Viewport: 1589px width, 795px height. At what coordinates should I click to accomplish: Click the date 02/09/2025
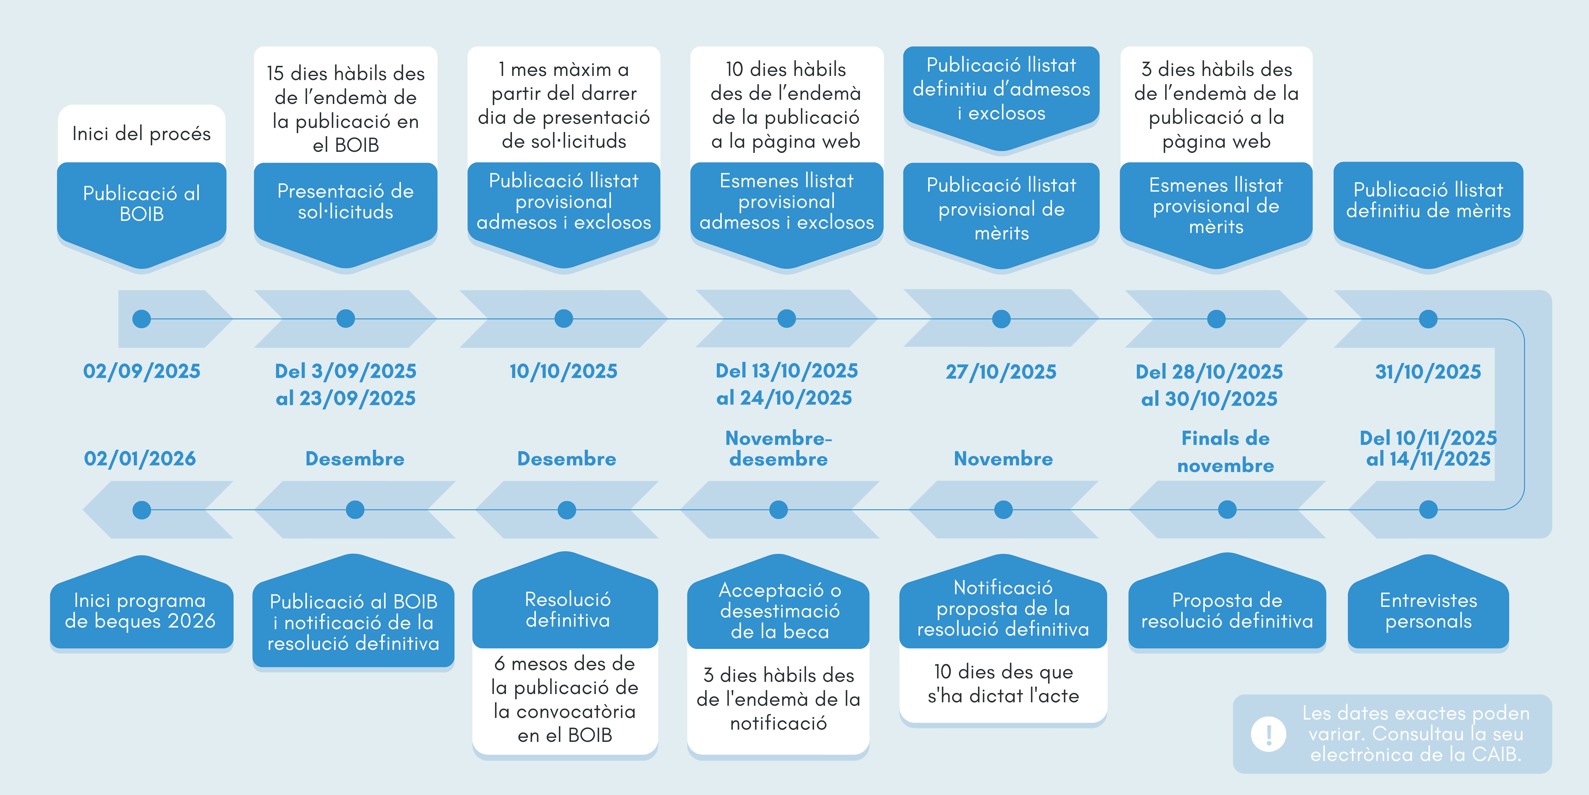tap(142, 371)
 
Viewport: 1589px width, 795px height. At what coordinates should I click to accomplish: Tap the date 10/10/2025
tap(563, 371)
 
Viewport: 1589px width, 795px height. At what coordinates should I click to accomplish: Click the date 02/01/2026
tap(140, 459)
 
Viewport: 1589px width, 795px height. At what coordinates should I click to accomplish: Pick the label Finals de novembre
tap(1226, 451)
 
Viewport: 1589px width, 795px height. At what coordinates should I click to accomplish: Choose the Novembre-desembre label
tap(778, 449)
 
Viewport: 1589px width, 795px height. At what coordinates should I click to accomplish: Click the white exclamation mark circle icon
tap(1268, 734)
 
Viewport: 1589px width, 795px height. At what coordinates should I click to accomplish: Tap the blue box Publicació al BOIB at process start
tap(142, 204)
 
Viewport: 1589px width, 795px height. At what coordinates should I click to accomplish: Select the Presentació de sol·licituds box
tap(346, 201)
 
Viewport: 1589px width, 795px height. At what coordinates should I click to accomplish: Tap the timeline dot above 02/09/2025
tap(142, 319)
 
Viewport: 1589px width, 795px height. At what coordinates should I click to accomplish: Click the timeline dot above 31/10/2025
tap(1428, 319)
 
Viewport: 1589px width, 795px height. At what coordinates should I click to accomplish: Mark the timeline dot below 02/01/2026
tap(142, 510)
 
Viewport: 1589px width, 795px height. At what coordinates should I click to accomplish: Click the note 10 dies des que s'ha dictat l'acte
tap(1003, 684)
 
